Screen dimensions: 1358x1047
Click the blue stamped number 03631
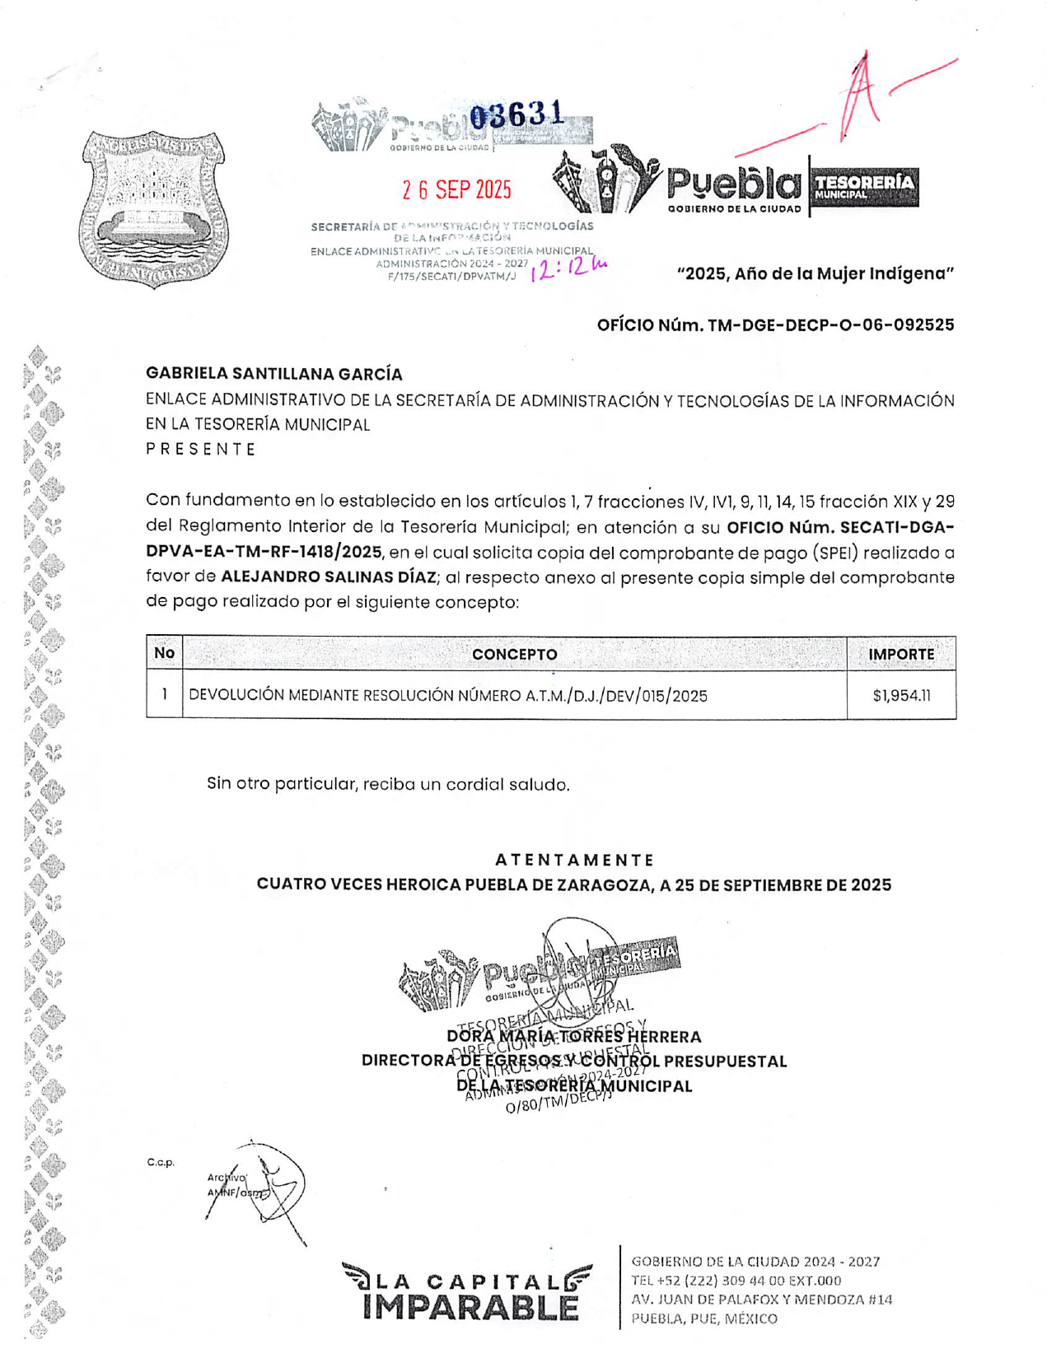coord(516,116)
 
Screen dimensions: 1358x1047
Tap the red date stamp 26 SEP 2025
coord(456,190)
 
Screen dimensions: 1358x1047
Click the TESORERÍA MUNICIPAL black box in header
coord(864,186)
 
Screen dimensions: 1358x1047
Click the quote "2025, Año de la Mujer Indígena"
coord(815,273)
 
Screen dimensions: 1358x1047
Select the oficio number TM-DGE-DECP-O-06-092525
coord(775,324)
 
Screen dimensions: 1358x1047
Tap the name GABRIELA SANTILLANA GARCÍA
coord(273,374)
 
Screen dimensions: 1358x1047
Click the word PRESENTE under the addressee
coord(201,450)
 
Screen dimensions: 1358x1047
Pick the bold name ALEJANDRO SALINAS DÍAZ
coord(328,577)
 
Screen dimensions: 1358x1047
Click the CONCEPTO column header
coord(514,655)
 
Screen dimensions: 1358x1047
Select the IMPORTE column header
coord(901,655)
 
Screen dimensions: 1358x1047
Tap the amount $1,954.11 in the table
coord(901,696)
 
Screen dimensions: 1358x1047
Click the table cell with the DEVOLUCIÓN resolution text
coord(448,696)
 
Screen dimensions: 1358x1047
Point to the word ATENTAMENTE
coord(574,860)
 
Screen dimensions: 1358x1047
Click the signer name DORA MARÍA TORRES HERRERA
coord(574,1037)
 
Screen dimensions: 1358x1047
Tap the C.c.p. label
coord(161,1163)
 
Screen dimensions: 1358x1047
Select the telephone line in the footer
coord(736,1281)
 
